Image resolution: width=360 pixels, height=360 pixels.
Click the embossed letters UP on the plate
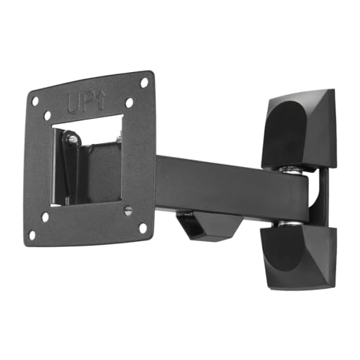click(81, 104)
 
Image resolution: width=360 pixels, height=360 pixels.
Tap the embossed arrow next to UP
click(102, 100)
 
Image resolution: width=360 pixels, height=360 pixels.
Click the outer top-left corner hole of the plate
click(35, 101)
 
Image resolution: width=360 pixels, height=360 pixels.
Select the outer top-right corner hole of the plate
click(144, 83)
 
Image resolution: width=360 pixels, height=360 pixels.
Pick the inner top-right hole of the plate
click(129, 102)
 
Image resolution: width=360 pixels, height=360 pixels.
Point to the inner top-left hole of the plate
click(48, 116)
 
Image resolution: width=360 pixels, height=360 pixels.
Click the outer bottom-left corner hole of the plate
click(32, 235)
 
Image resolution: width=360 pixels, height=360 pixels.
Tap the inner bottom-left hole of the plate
click(45, 217)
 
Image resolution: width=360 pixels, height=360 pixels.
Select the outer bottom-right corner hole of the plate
click(143, 228)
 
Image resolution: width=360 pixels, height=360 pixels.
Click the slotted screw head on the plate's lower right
click(128, 211)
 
